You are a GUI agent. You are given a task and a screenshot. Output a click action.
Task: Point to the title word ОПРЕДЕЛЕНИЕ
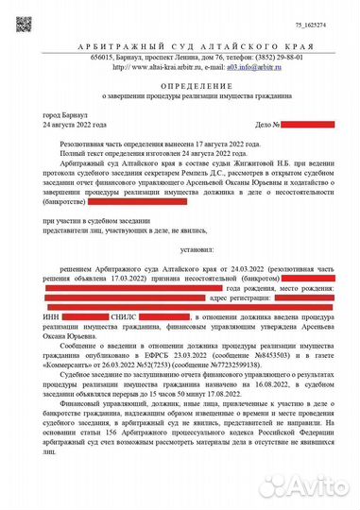point(180,85)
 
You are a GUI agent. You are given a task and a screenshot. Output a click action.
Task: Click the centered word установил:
point(180,250)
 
